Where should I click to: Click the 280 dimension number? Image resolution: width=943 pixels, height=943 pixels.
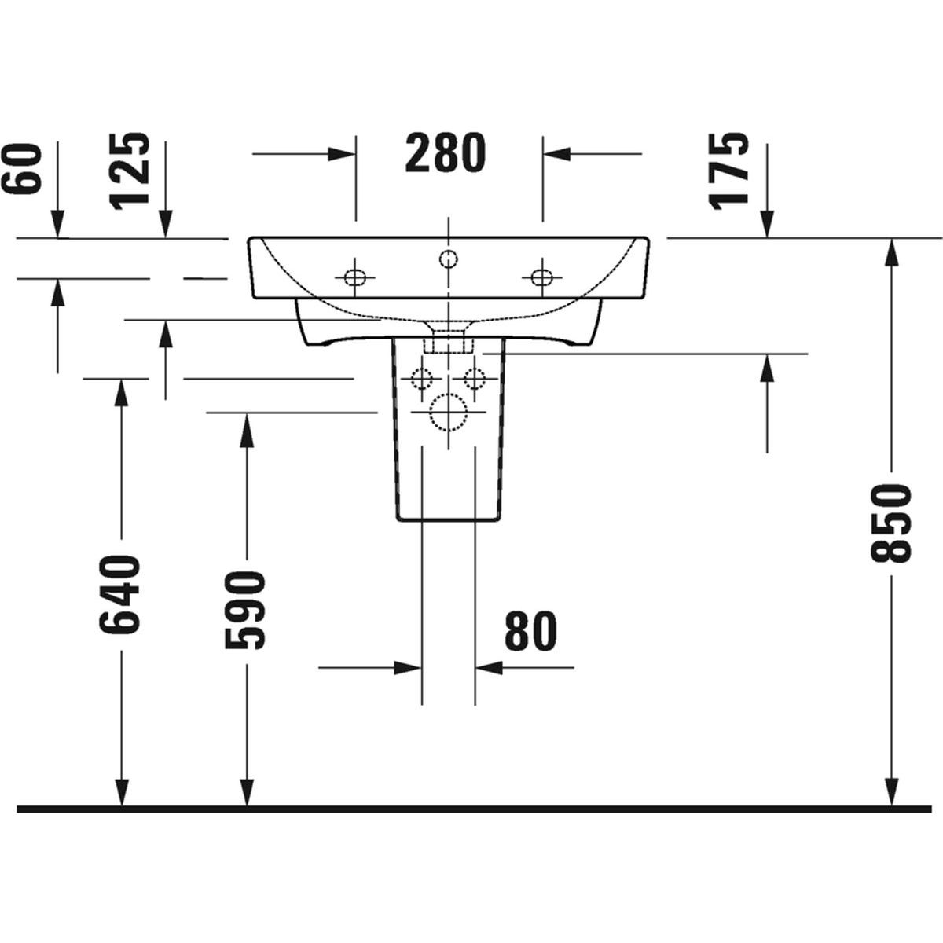(x=446, y=153)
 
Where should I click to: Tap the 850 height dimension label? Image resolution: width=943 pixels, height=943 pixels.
(x=890, y=523)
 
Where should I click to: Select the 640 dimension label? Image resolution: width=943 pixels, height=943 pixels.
(x=120, y=593)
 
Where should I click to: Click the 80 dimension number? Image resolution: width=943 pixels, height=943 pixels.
(x=530, y=630)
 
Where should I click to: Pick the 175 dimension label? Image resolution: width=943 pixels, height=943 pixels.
(x=729, y=171)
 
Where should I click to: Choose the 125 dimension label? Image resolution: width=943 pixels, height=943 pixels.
(x=128, y=171)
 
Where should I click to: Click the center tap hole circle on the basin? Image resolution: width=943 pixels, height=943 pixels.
(x=448, y=258)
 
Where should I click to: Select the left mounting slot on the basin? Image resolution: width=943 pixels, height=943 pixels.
(x=355, y=277)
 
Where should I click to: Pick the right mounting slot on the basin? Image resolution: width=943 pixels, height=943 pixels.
(x=541, y=277)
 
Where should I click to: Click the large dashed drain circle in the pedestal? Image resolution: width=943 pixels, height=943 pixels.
(x=448, y=413)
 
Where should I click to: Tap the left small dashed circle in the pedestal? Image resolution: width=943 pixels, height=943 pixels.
(x=422, y=378)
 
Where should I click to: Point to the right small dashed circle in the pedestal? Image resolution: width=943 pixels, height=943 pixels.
(x=474, y=378)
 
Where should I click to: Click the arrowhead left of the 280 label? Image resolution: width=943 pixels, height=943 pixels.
(x=342, y=154)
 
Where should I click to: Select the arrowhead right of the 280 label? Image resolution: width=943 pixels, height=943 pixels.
(x=557, y=154)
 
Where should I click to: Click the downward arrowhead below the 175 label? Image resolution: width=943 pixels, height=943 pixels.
(x=767, y=224)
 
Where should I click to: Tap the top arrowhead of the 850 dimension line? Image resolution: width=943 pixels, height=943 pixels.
(x=892, y=252)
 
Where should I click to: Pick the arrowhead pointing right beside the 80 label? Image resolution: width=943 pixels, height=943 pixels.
(x=408, y=667)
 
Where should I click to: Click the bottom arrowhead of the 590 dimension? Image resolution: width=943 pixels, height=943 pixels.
(x=247, y=792)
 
